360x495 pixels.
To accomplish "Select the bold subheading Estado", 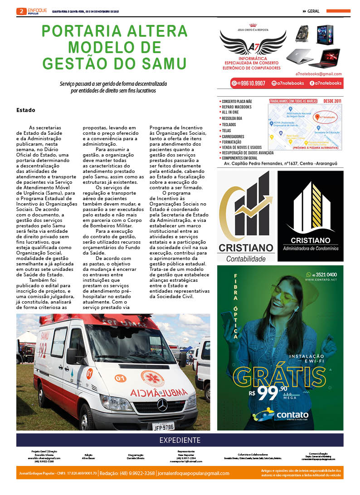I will (26, 110).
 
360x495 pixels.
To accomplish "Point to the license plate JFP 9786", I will (163, 426).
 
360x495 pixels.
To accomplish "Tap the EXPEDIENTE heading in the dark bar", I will (180, 440).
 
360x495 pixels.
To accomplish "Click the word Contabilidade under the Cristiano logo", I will (246, 259).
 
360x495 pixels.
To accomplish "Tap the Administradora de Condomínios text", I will (311, 249).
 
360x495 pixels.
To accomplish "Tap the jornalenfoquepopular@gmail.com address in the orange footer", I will (194, 473).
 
